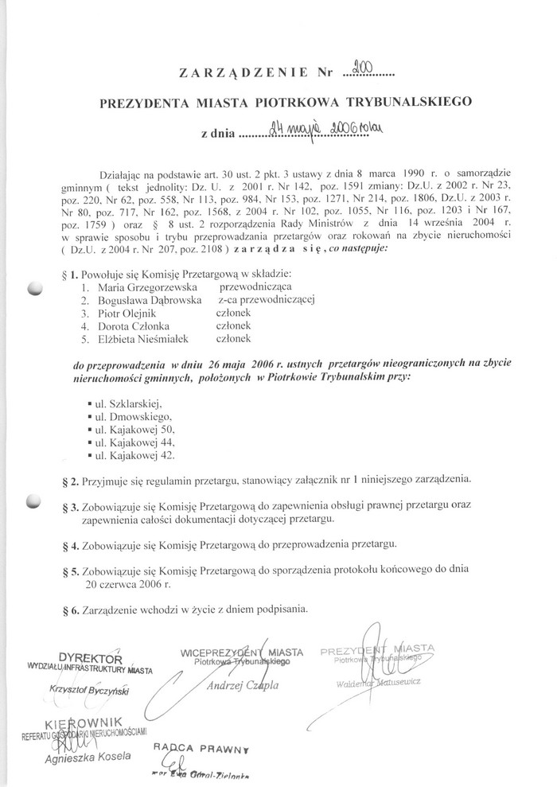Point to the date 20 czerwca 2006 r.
click(x=129, y=583)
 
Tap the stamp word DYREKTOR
click(x=91, y=660)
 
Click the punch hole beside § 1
click(x=33, y=289)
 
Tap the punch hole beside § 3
click(x=33, y=501)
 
